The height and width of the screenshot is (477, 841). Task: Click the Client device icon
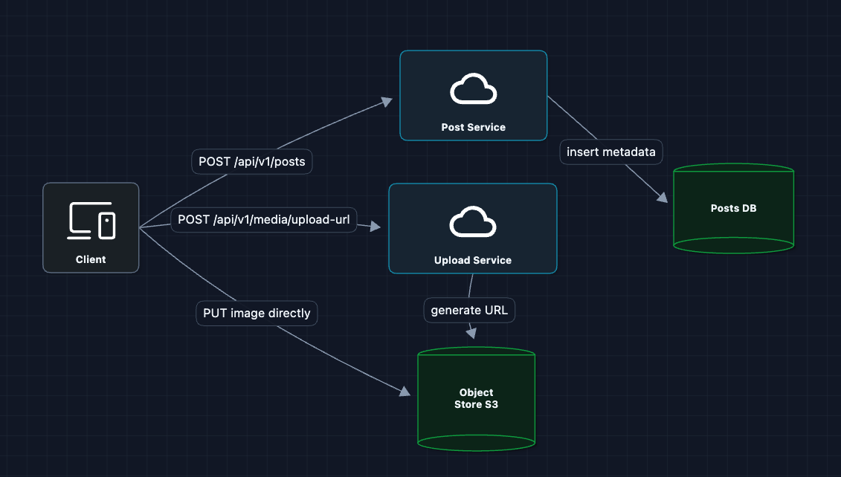point(91,221)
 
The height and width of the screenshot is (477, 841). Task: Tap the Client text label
point(91,259)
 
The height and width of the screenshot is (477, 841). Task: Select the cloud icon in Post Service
point(473,91)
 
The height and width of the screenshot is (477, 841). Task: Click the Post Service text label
point(473,127)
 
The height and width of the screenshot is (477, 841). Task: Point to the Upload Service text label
point(473,260)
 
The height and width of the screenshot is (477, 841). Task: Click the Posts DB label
point(733,208)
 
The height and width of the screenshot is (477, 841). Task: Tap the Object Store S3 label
point(476,398)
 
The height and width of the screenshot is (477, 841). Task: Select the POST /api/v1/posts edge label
point(252,161)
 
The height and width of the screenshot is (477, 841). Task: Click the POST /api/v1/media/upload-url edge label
point(264,220)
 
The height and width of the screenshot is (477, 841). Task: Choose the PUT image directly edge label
point(257,313)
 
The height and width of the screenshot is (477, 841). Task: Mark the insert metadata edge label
point(611,152)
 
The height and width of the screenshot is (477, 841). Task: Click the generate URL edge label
point(469,310)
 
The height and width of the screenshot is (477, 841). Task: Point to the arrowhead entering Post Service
point(387,100)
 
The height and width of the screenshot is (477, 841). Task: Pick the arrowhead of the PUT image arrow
point(405,391)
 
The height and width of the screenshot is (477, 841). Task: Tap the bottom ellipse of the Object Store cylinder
point(476,443)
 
